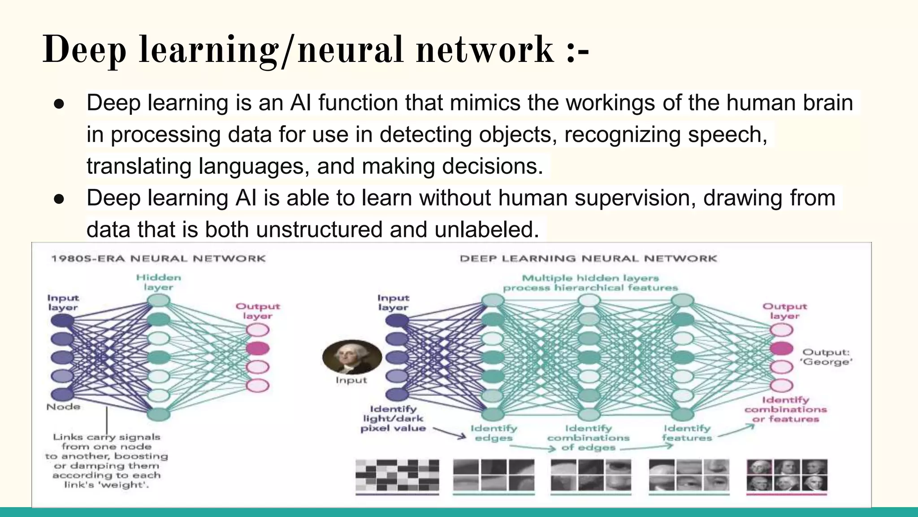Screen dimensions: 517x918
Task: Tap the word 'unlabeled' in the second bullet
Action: coord(486,229)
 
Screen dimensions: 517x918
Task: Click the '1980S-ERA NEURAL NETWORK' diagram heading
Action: coord(158,258)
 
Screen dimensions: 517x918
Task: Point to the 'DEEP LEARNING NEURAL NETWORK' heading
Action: coord(588,258)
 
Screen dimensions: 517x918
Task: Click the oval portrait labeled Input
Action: coord(352,357)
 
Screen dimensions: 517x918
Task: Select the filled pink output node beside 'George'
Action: coord(781,348)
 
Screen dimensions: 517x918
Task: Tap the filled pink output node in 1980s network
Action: coord(258,348)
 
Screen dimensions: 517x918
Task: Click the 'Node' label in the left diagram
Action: coord(63,407)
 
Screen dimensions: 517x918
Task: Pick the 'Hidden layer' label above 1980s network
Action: coord(159,282)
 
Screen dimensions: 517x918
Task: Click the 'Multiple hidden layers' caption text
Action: coord(590,278)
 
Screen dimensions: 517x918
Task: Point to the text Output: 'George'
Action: coord(826,357)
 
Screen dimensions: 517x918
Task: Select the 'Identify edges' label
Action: coord(494,433)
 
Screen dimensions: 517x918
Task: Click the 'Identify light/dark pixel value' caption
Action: coord(393,418)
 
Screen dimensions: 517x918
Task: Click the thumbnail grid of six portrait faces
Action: coord(787,475)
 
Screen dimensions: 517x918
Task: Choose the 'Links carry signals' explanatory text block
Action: coord(107,460)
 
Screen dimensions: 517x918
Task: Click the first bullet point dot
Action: coord(59,104)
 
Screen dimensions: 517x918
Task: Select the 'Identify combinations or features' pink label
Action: coord(785,409)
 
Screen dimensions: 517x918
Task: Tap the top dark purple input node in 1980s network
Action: coord(62,320)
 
